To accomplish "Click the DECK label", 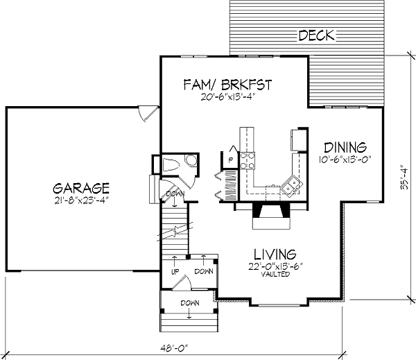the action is pos(317,35).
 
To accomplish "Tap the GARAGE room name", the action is pos(81,188).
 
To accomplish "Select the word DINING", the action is pos(345,148).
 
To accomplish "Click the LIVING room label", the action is pos(275,254).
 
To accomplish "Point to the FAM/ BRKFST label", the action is pos(228,85).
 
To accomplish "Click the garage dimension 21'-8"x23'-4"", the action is pos(82,200).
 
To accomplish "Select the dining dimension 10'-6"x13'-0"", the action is pos(345,160).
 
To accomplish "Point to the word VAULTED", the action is pos(275,274).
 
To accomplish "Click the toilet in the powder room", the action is pos(171,165).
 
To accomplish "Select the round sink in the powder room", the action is pos(191,160).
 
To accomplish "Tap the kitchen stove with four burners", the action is pos(248,161).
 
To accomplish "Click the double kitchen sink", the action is pos(291,185).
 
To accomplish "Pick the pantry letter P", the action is pos(231,160).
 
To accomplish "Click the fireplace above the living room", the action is pos(271,216).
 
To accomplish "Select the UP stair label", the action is pos(175,272).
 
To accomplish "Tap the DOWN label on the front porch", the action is pos(190,303).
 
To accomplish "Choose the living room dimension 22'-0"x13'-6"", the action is pos(276,266).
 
